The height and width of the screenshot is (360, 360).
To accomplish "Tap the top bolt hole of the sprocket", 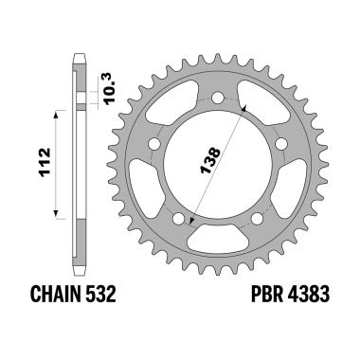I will (x=219, y=97).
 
